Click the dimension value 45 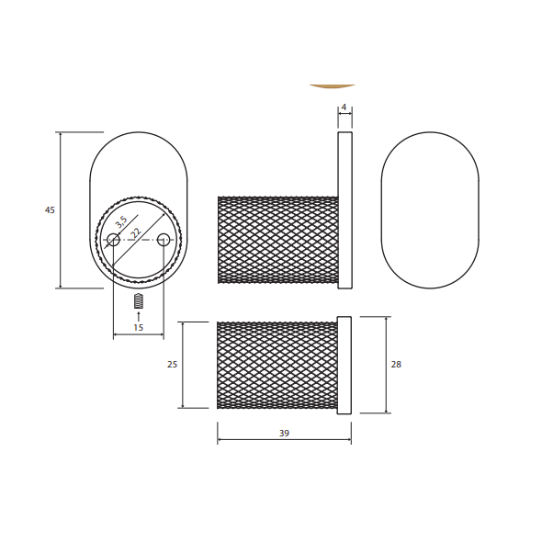tap(50, 209)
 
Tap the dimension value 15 tap(139, 327)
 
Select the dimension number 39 tap(284, 433)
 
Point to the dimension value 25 tap(172, 365)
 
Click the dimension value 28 tap(396, 365)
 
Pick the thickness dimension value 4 tap(344, 107)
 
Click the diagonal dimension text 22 tap(136, 233)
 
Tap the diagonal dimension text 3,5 tap(121, 222)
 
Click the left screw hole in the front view tap(113, 240)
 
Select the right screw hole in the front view tap(164, 240)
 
